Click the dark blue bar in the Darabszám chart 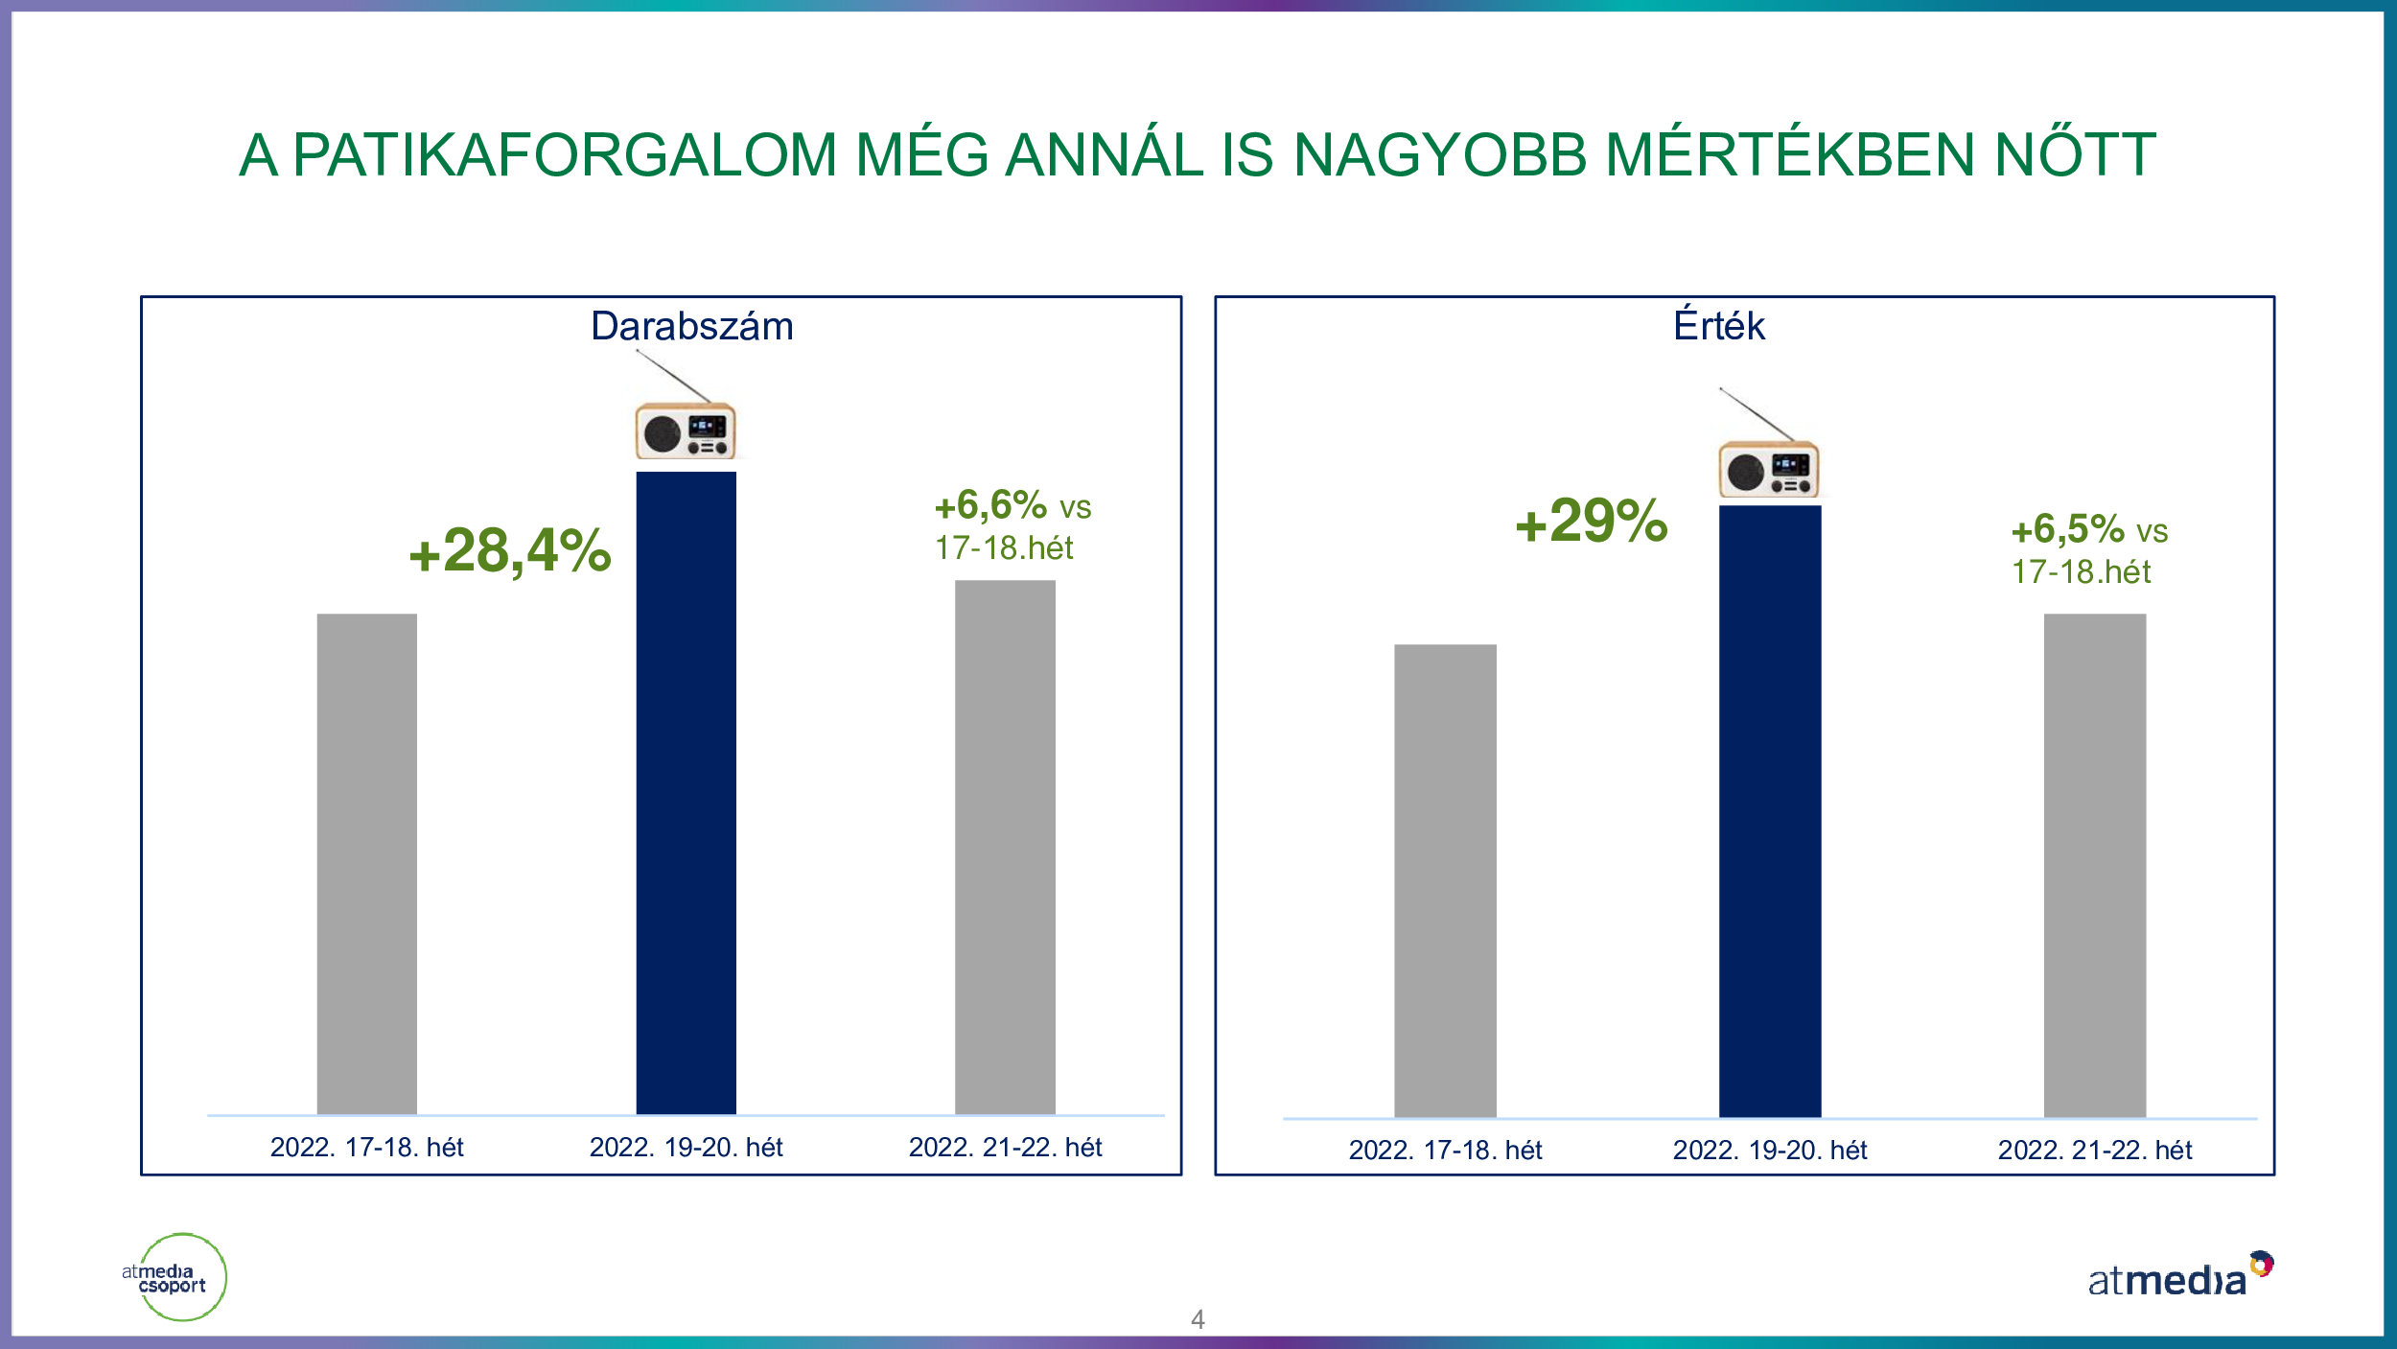[x=686, y=792]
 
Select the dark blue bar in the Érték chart [x=1770, y=811]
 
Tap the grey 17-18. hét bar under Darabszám [x=367, y=863]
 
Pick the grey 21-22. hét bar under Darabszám [x=1005, y=847]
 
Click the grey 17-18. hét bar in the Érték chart [x=1445, y=880]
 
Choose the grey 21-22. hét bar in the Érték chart [x=2095, y=865]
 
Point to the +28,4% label [x=510, y=551]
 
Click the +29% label [x=1592, y=521]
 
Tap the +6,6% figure [x=990, y=505]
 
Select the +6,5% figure [x=2067, y=529]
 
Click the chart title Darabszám [x=692, y=326]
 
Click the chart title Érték [x=1719, y=324]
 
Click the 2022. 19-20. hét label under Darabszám [x=686, y=1147]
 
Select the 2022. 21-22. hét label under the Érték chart [x=2095, y=1150]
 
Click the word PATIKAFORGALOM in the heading [x=565, y=154]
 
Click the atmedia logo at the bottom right [x=2179, y=1276]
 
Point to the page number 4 [x=1198, y=1319]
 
